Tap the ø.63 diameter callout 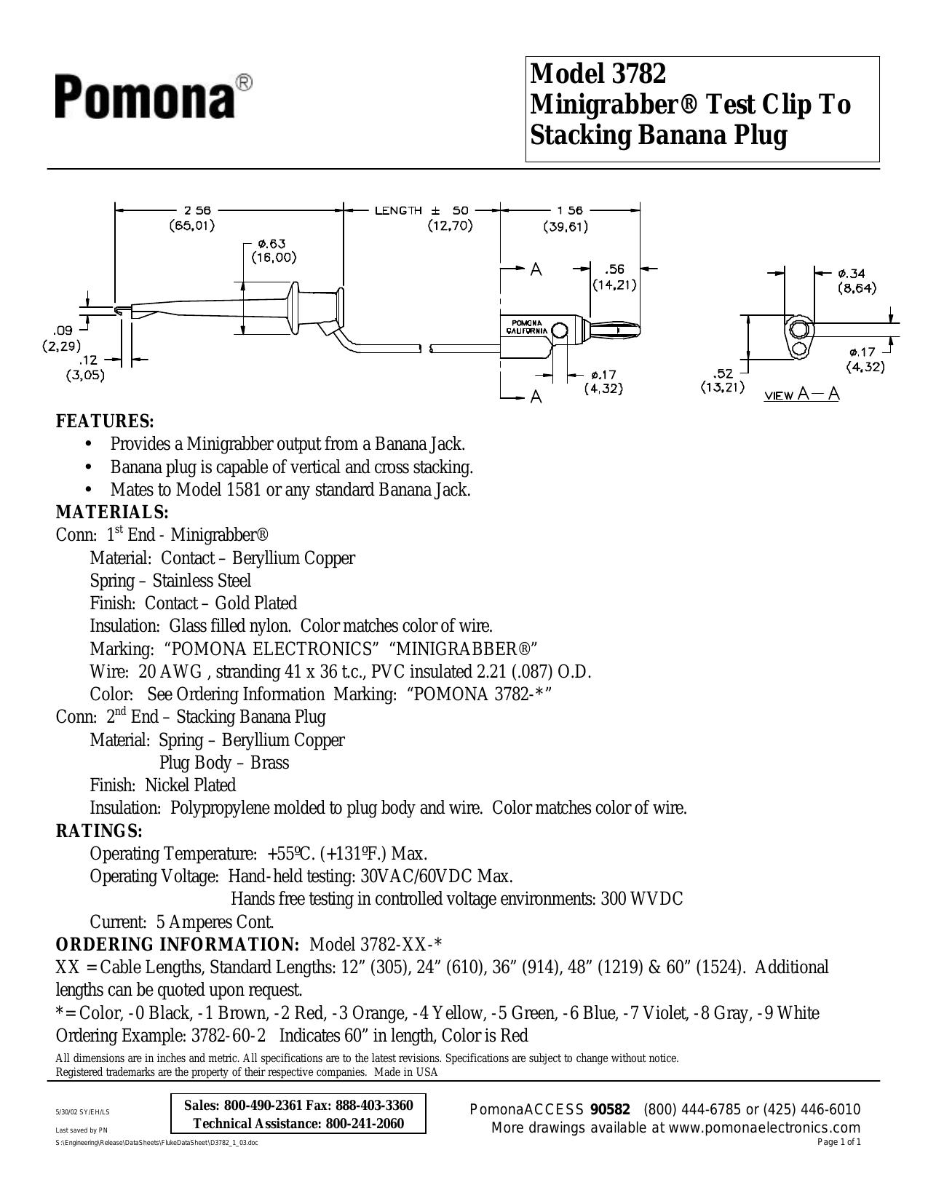(x=274, y=244)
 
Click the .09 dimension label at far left (x=63, y=330)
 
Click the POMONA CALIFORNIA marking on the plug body (x=527, y=327)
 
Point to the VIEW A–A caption (x=801, y=394)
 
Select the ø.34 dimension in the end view (x=851, y=274)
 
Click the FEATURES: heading (x=105, y=421)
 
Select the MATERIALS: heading (x=112, y=512)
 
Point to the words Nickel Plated (x=191, y=785)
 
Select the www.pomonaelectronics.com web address (x=764, y=1127)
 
